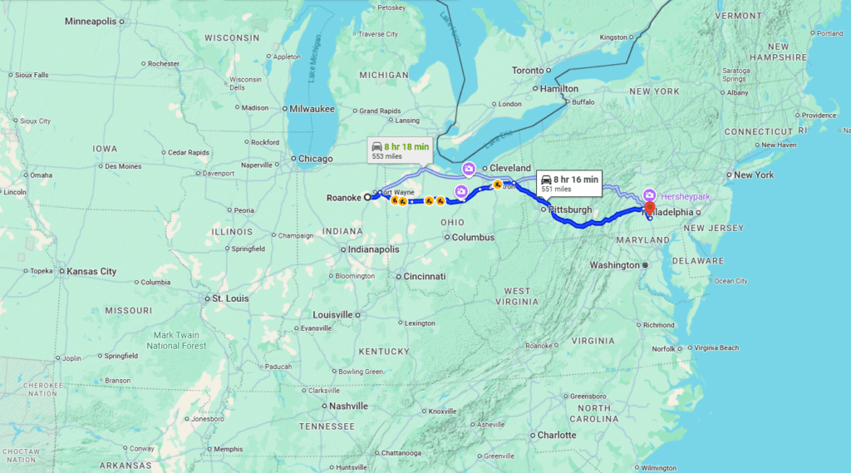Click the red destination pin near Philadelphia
pyautogui.click(x=650, y=208)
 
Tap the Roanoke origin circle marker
pyautogui.click(x=367, y=197)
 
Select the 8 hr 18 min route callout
pyautogui.click(x=401, y=150)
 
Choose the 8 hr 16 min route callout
pyautogui.click(x=569, y=183)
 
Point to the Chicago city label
pyautogui.click(x=316, y=158)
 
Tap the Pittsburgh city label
pyautogui.click(x=570, y=209)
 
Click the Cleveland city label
pyautogui.click(x=509, y=168)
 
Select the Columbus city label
pyautogui.click(x=473, y=237)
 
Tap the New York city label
pyautogui.click(x=753, y=175)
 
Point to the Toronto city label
pyautogui.click(x=528, y=71)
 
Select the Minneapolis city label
pyautogui.click(x=91, y=21)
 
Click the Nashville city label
pyautogui.click(x=348, y=406)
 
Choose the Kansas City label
pyautogui.click(x=91, y=271)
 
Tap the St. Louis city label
pyautogui.click(x=230, y=298)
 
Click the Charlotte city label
pyautogui.click(x=556, y=435)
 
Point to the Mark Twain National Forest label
pyautogui.click(x=175, y=340)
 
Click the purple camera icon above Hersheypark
pyautogui.click(x=649, y=195)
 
